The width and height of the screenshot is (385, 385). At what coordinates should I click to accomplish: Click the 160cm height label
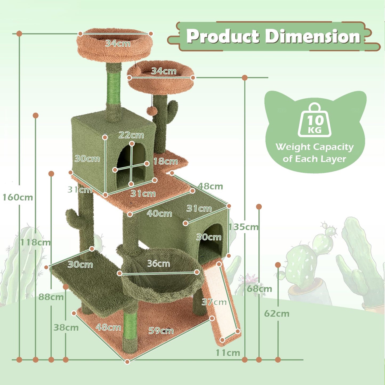[18, 197]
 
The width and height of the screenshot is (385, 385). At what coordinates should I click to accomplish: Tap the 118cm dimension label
[35, 242]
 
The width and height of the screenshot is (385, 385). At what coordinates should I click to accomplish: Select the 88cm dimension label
[51, 297]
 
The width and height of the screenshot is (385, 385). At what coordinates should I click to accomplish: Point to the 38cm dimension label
[66, 327]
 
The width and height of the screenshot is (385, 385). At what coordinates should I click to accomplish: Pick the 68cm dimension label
[259, 289]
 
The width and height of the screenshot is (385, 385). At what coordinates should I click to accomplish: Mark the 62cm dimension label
[277, 314]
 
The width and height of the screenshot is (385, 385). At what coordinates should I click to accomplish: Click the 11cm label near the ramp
[228, 353]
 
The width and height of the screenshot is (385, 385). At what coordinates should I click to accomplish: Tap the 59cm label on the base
[161, 331]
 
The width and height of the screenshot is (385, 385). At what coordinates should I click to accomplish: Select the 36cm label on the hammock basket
[159, 264]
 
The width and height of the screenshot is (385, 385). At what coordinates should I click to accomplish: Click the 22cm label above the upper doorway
[131, 135]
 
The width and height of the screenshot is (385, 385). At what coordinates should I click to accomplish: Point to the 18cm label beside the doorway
[165, 161]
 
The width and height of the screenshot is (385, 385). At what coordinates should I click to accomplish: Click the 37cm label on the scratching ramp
[214, 302]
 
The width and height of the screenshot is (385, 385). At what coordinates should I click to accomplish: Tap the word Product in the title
[223, 36]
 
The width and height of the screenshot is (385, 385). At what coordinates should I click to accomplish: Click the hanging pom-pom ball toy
[152, 111]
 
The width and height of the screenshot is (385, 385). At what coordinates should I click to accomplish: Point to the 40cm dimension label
[159, 213]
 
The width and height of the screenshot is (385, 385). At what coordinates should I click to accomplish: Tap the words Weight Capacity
[315, 147]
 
